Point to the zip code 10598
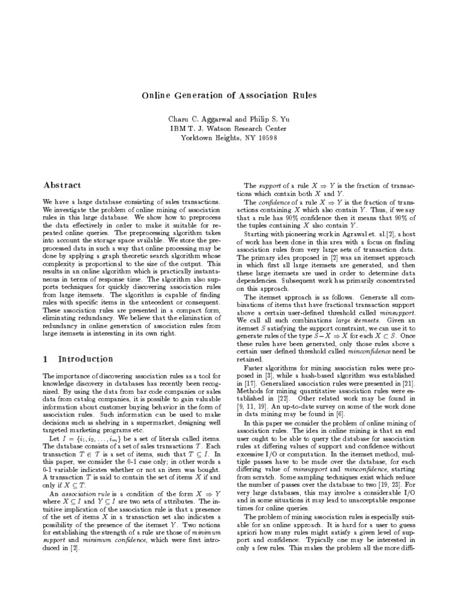click(266, 137)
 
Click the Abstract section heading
click(62, 185)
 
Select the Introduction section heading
click(85, 359)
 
